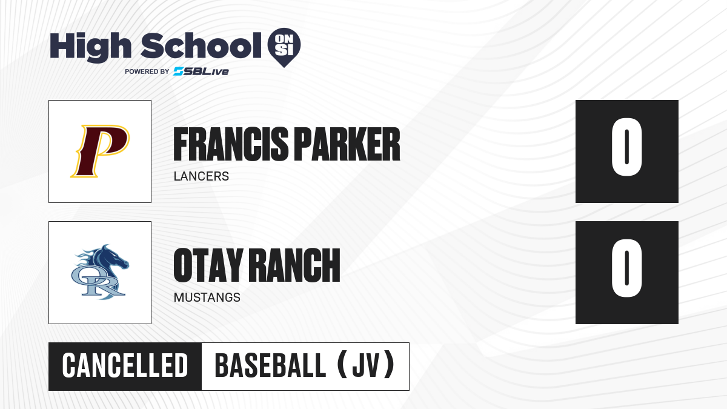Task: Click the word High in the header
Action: tap(90, 47)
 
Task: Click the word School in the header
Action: tap(201, 45)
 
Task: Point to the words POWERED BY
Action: tap(147, 71)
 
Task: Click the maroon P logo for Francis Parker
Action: tap(100, 151)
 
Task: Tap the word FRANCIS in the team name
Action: tap(231, 144)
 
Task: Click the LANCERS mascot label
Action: tap(201, 176)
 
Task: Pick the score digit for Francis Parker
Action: tap(626, 147)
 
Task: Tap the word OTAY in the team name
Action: tap(208, 265)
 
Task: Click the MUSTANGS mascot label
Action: tap(207, 298)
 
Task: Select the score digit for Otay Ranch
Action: tap(626, 268)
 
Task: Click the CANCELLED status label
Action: tap(125, 365)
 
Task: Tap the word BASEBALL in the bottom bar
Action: tap(270, 365)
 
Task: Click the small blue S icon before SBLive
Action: tap(179, 71)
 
